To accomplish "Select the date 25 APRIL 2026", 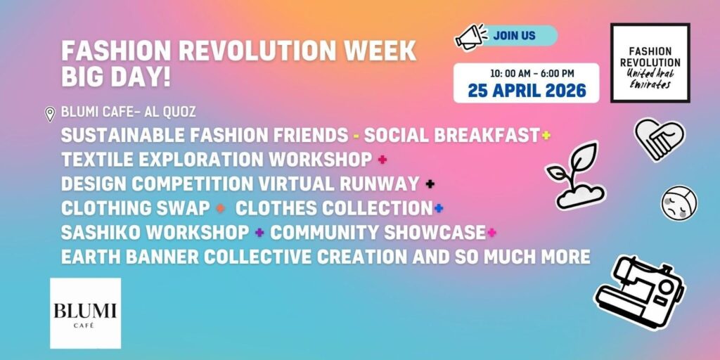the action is pyautogui.click(x=527, y=90).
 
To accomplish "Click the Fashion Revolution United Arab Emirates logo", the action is pyautogui.click(x=650, y=63).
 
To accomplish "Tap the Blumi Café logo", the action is pyautogui.click(x=85, y=313).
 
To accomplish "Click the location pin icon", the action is pyautogui.click(x=50, y=114).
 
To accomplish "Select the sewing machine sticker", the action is pyautogui.click(x=640, y=292).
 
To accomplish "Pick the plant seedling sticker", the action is pyautogui.click(x=576, y=175).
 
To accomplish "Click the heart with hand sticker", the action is pyautogui.click(x=660, y=139).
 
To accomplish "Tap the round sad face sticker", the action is pyautogui.click(x=679, y=203).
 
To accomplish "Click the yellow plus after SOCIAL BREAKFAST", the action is pyautogui.click(x=546, y=135).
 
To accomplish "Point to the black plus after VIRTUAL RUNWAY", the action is pyautogui.click(x=430, y=184).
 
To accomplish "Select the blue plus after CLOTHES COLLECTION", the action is pyautogui.click(x=439, y=208).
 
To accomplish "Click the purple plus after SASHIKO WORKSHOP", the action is pyautogui.click(x=259, y=232).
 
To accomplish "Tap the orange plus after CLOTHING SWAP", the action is pyautogui.click(x=220, y=208).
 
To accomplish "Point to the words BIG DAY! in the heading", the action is pyautogui.click(x=116, y=77).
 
